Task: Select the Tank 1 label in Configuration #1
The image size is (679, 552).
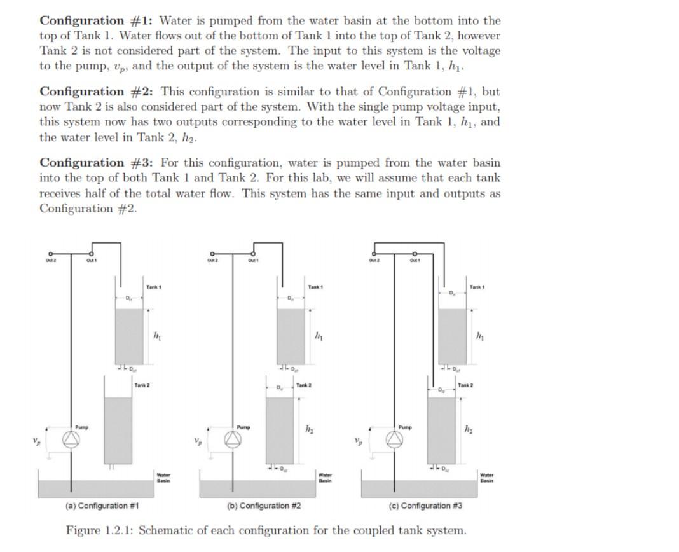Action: click(x=153, y=287)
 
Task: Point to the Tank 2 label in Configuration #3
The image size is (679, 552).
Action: click(x=465, y=386)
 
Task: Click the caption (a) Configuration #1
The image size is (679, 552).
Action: click(x=102, y=506)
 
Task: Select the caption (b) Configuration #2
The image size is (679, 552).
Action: click(x=264, y=506)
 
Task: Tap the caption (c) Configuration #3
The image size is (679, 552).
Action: click(x=425, y=506)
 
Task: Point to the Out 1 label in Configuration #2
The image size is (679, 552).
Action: click(x=253, y=259)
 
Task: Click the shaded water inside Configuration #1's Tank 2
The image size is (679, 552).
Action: click(x=118, y=429)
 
